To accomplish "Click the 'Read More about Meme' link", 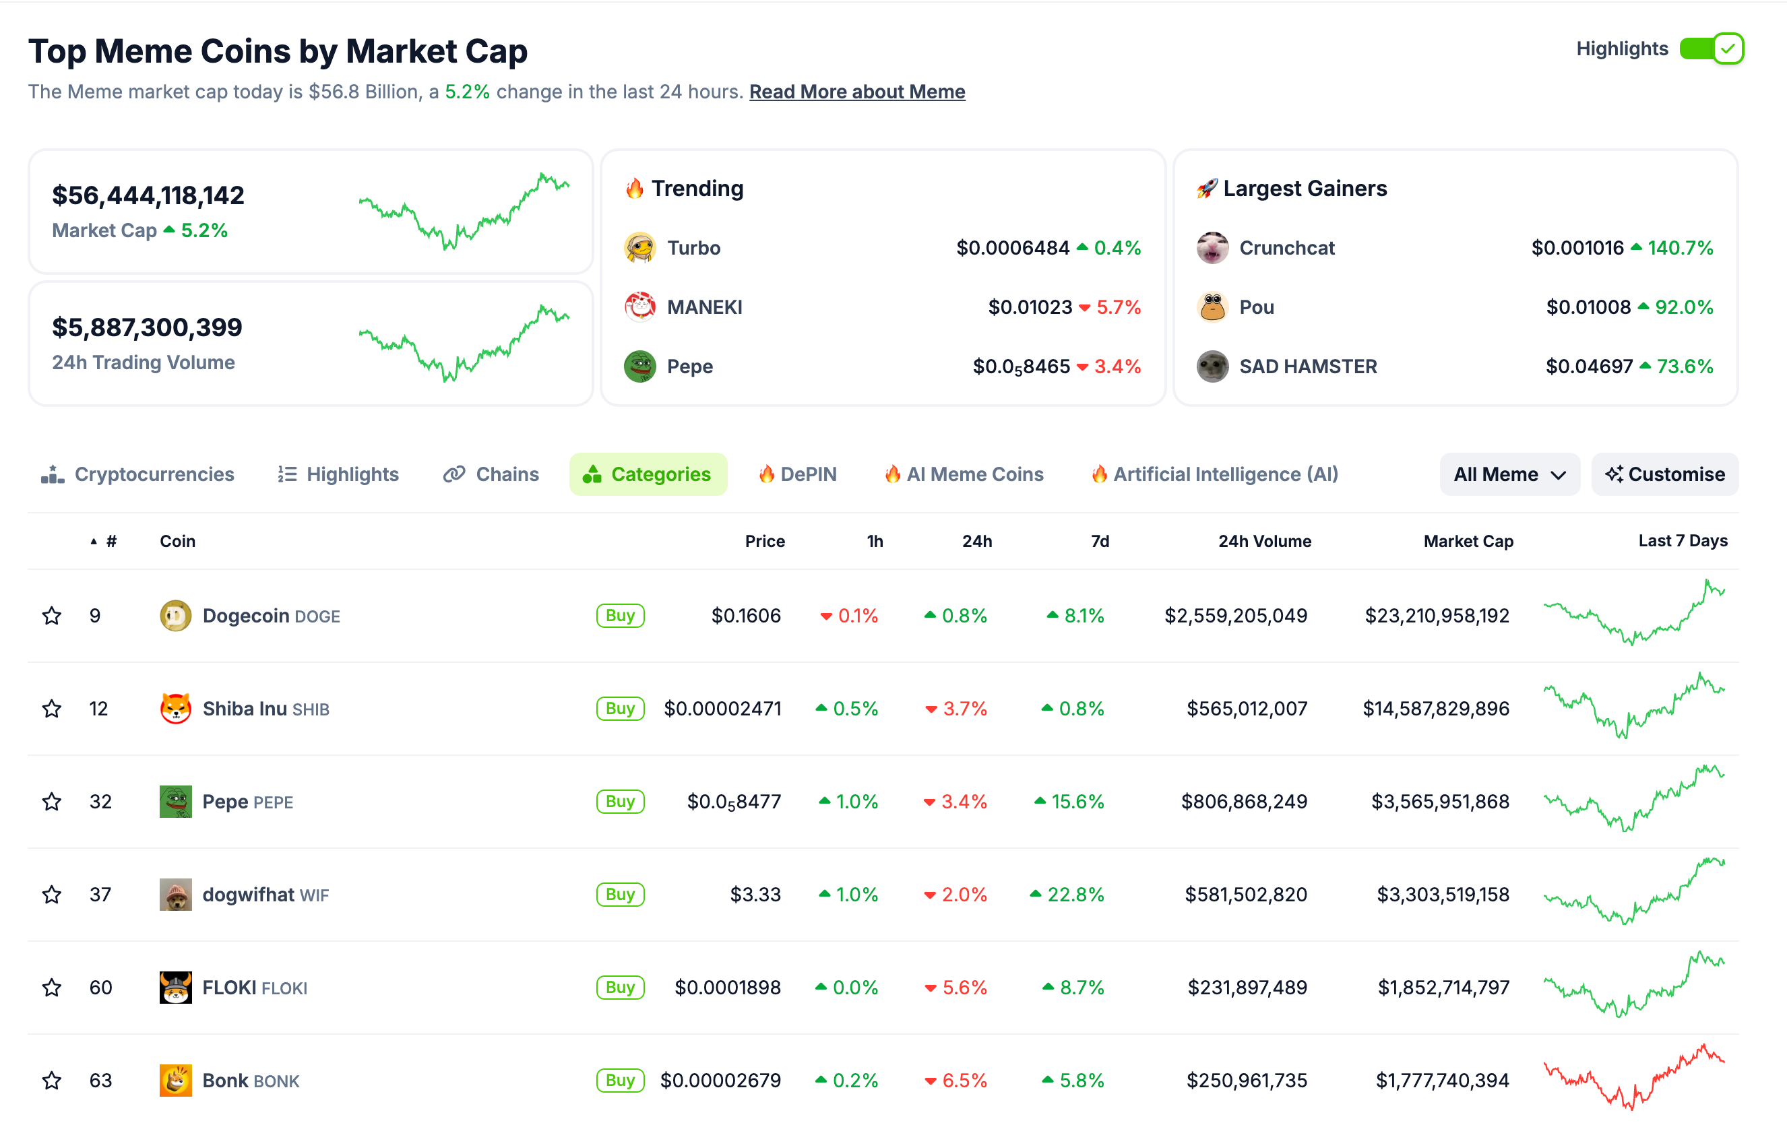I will pos(856,92).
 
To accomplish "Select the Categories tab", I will pos(647,474).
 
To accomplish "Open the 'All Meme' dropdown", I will pos(1509,474).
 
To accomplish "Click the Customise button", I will pos(1664,474).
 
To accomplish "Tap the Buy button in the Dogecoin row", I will pos(620,615).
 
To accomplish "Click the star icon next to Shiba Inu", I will pos(51,709).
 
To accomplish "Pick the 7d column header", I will pos(1099,541).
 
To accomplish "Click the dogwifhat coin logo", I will pos(175,894).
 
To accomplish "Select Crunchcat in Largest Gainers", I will pos(1286,248).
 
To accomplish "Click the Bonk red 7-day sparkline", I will pos(1633,1076).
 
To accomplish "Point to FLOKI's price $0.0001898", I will pos(726,988).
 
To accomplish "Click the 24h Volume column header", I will pos(1264,541).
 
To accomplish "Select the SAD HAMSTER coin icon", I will pos(1212,366).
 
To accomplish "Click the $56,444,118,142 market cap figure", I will pos(148,195).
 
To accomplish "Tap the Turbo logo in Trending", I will pos(639,248).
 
